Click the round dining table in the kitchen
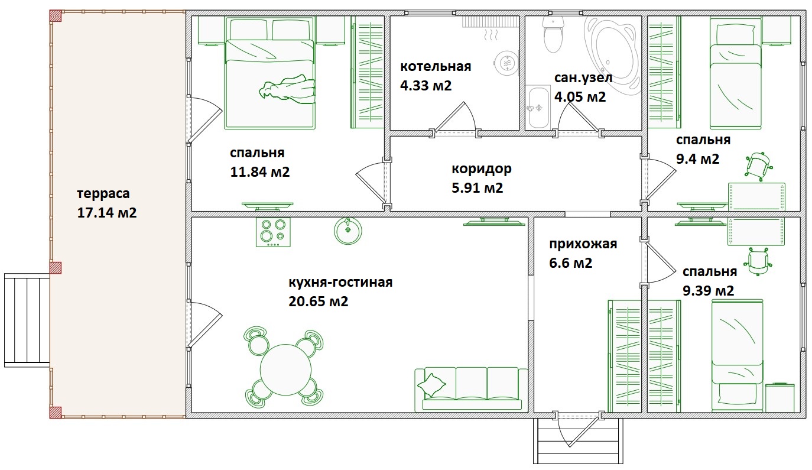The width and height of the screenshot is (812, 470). (285, 371)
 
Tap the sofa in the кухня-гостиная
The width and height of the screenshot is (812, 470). (471, 389)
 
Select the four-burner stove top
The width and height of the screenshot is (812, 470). (273, 232)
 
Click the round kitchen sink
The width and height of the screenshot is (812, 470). (348, 231)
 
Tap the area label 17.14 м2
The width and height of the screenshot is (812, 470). (107, 213)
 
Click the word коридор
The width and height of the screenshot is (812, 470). (481, 169)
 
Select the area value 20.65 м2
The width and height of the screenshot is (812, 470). (318, 302)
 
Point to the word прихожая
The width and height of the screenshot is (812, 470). (583, 244)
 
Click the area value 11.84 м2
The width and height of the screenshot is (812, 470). (260, 172)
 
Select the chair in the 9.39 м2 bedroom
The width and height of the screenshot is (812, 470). (757, 261)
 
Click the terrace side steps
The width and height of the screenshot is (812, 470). (27, 320)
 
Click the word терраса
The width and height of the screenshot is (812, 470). (103, 194)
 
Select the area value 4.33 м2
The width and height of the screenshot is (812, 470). (426, 86)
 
